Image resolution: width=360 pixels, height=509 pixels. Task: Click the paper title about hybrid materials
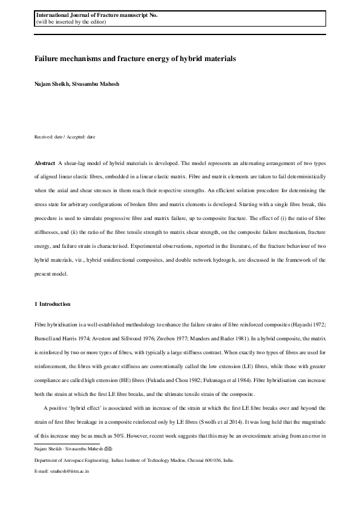134,59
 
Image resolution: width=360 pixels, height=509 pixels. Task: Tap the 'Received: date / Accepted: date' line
65,137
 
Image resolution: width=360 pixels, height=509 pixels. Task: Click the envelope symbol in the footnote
108,450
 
